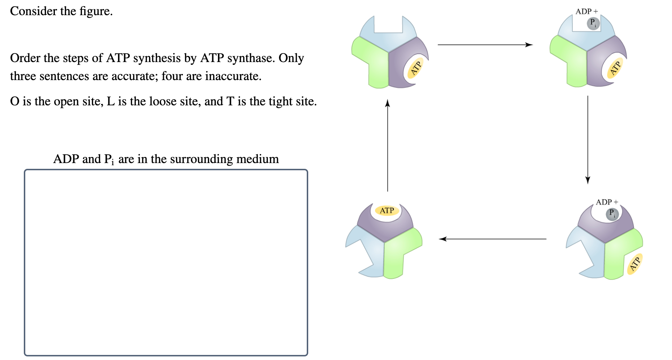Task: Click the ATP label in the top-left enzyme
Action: pyautogui.click(x=416, y=68)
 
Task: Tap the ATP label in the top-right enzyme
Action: pyautogui.click(x=615, y=68)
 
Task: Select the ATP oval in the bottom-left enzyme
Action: pyautogui.click(x=387, y=210)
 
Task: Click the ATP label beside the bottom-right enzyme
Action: pyautogui.click(x=634, y=264)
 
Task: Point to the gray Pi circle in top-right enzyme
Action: pyautogui.click(x=593, y=23)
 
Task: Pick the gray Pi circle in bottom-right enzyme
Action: pyautogui.click(x=612, y=214)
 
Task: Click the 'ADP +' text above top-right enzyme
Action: pyautogui.click(x=586, y=12)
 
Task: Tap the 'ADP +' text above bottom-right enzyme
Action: pyautogui.click(x=607, y=202)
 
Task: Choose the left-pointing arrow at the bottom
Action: pyautogui.click(x=493, y=239)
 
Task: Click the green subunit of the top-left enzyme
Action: pyautogui.click(x=372, y=61)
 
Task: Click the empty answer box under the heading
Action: pyautogui.click(x=166, y=262)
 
